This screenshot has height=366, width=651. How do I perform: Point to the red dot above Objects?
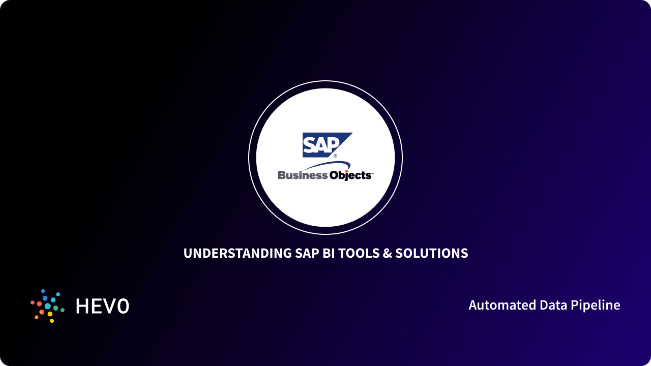tap(347, 171)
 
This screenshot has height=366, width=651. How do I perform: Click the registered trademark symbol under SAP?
tap(335, 156)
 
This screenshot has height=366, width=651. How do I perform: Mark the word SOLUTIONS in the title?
tap(432, 253)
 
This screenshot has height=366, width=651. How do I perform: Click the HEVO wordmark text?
tap(102, 306)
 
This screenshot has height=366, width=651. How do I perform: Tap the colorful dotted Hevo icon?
tap(47, 306)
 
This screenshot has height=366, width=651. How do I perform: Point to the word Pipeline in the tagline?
tap(595, 306)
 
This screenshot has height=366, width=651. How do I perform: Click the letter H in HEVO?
tap(82, 306)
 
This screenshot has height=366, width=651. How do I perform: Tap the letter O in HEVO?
tap(123, 306)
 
